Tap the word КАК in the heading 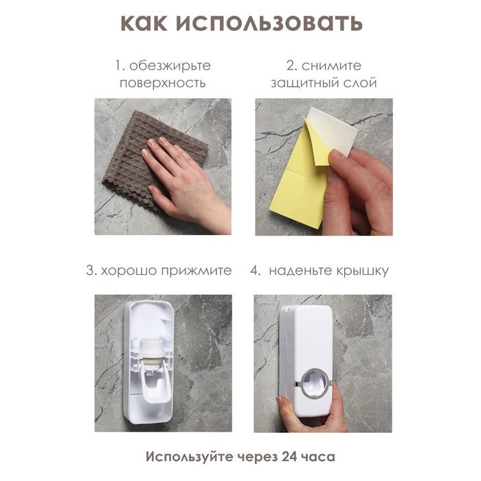tap(144, 22)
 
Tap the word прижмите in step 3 tap(194, 270)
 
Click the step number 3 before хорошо tap(89, 270)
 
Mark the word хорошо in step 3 tap(128, 270)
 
